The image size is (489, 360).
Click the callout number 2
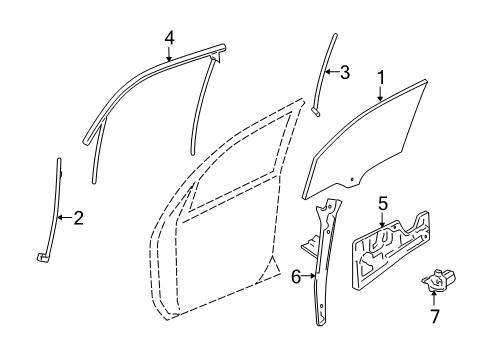(x=78, y=217)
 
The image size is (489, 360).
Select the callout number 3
(x=345, y=72)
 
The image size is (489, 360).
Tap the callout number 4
(x=170, y=37)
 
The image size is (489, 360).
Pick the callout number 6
(x=296, y=277)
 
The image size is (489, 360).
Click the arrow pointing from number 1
(x=381, y=92)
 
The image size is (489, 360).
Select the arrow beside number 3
(x=332, y=72)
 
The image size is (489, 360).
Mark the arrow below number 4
(x=170, y=54)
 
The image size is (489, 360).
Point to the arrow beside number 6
(x=309, y=277)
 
